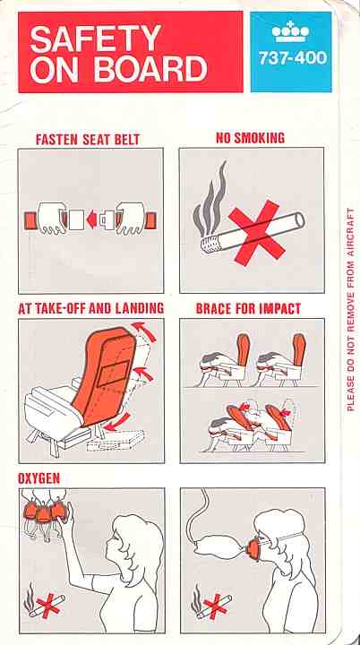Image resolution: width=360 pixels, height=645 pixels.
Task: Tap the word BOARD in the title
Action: point(150,69)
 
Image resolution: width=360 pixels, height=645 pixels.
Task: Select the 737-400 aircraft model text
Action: point(293,57)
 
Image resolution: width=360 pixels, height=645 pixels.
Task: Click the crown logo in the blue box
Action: point(291,31)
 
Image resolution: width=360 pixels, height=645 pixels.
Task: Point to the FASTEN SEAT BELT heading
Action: point(88,140)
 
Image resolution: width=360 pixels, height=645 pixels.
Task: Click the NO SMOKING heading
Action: point(250,138)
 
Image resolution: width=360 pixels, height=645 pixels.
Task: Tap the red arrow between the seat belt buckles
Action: point(91,219)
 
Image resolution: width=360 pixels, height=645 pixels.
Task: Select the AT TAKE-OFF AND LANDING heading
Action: point(91,308)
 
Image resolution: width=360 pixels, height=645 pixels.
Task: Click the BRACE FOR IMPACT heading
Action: point(248,308)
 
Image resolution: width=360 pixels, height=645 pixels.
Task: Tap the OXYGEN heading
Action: point(39,478)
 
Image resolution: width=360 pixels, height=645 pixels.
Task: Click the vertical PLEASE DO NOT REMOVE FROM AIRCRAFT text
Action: point(350,309)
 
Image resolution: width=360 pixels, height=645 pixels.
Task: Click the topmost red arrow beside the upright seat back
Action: point(144,331)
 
